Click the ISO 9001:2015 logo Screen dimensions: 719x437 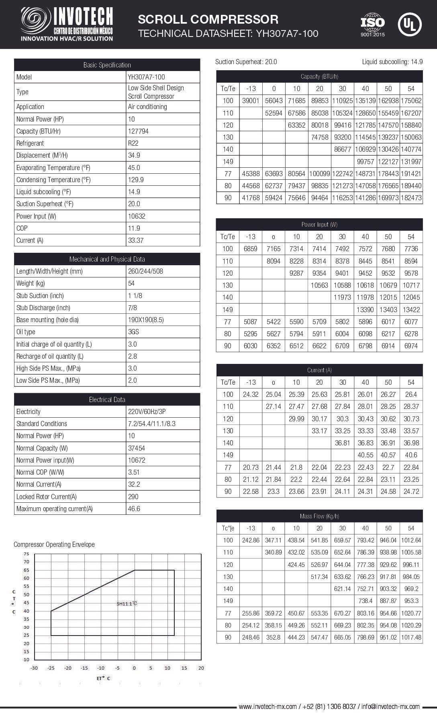tap(372, 24)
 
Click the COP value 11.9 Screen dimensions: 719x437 tap(134, 228)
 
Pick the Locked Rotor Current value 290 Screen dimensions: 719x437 tap(133, 496)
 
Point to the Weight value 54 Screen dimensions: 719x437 tap(131, 283)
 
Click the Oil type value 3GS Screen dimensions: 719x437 tap(133, 332)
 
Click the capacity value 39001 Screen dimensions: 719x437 tap(251, 101)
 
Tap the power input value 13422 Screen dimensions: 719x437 tap(411, 309)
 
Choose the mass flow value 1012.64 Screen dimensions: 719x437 tap(411, 540)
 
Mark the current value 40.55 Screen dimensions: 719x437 tap(365, 455)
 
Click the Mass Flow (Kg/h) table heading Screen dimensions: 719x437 tap(319, 516)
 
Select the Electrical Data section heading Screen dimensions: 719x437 tap(107, 399)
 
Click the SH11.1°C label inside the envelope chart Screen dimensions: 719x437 tap(127, 603)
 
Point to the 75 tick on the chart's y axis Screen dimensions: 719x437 tap(27, 554)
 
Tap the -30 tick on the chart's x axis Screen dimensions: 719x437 tap(34, 668)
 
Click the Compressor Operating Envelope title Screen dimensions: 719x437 tap(54, 544)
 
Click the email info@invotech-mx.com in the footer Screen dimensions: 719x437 tap(390, 707)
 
